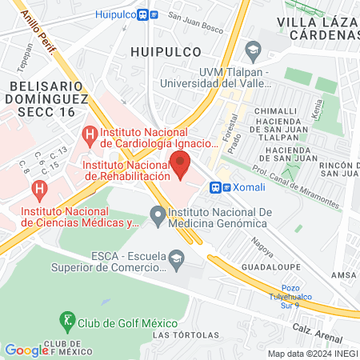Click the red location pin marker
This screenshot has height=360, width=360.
(x=181, y=168)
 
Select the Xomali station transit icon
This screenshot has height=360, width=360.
(x=221, y=187)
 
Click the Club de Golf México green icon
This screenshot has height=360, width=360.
(x=69, y=322)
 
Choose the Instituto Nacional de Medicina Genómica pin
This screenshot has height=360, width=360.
(x=157, y=214)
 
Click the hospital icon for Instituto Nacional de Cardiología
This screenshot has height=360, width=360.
(x=90, y=133)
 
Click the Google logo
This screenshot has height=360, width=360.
(x=26, y=350)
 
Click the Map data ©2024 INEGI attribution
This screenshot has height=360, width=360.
(x=311, y=354)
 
